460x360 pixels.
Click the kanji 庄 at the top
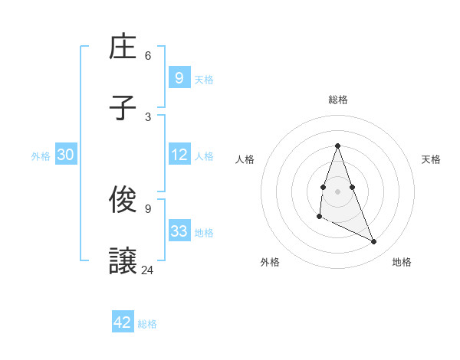click(123, 47)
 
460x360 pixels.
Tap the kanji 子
click(123, 107)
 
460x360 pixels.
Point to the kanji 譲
click(123, 261)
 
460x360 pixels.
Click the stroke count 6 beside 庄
click(148, 56)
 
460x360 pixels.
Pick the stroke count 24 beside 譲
click(148, 270)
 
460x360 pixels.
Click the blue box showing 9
click(179, 77)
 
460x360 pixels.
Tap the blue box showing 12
click(179, 155)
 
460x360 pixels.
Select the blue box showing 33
click(179, 231)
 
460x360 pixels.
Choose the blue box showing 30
click(66, 155)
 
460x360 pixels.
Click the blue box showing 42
click(123, 322)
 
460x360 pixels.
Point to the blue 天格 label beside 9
click(203, 79)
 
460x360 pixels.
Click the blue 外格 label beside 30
click(41, 156)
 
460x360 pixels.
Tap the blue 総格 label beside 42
click(147, 324)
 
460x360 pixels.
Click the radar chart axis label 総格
click(338, 100)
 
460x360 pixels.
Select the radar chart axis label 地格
click(402, 262)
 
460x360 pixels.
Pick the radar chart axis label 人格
click(245, 159)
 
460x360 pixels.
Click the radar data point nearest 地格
click(374, 242)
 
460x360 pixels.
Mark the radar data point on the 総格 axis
click(338, 146)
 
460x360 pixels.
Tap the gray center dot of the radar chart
click(338, 191)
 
